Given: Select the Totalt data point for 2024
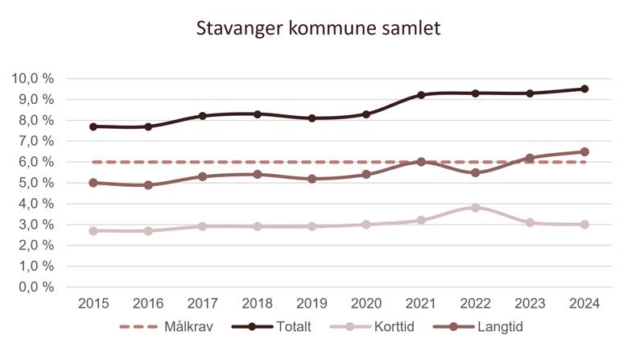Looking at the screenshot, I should click(x=584, y=89).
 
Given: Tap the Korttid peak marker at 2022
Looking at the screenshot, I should click(x=475, y=208).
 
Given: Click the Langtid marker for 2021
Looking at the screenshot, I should click(x=420, y=162).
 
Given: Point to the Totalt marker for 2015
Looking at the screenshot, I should click(x=93, y=126).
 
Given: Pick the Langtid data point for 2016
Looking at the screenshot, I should click(x=148, y=185).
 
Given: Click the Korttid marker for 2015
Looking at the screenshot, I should click(x=93, y=230).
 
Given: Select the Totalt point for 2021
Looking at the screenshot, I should click(x=420, y=95).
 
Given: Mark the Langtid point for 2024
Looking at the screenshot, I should click(x=584, y=151).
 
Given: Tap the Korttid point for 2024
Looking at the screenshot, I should click(x=584, y=225).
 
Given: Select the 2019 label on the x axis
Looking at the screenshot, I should click(x=312, y=304).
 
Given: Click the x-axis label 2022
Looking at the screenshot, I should click(x=475, y=304).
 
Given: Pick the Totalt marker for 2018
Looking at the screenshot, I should click(x=257, y=114).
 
